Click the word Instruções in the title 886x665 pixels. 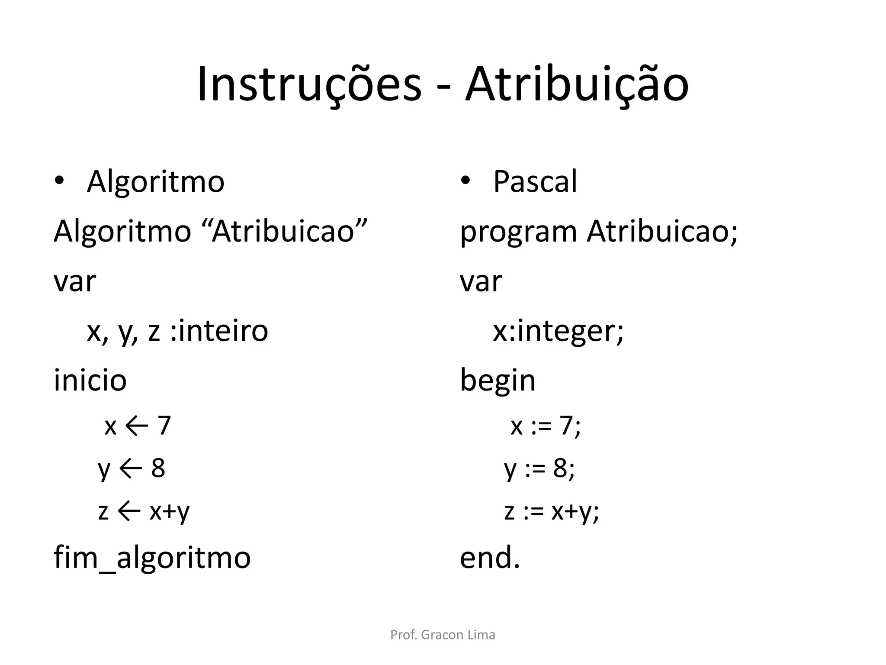click(x=309, y=85)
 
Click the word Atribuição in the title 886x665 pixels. click(x=576, y=85)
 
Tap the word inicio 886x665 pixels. click(x=90, y=380)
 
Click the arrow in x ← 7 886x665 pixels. click(x=137, y=426)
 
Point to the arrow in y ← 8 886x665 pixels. click(x=130, y=468)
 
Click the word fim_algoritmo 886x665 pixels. click(x=152, y=558)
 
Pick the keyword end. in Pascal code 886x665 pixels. click(x=489, y=558)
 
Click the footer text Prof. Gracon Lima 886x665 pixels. click(x=443, y=635)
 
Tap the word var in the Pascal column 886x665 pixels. click(x=481, y=281)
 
